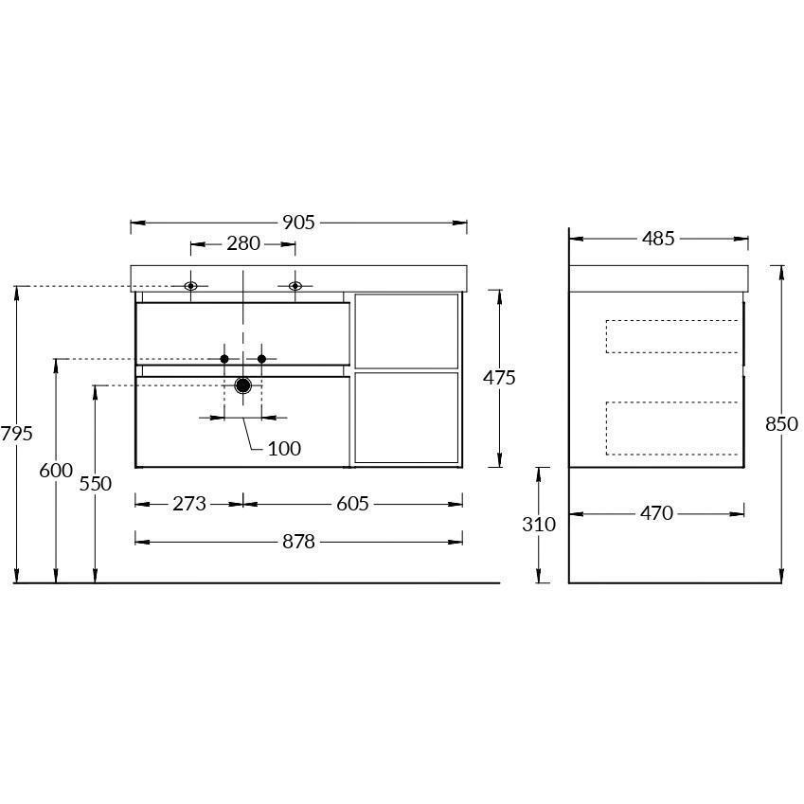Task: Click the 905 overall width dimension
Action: tap(298, 223)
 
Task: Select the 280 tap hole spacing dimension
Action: tap(243, 243)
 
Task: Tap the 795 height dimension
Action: tap(16, 434)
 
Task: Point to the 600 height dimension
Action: tap(56, 471)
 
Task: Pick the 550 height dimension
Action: tap(96, 484)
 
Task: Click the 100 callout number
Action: tap(284, 449)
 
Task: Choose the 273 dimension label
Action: tap(189, 504)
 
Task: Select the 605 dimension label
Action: tap(353, 504)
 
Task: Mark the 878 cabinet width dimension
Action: tap(298, 542)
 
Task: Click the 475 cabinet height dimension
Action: tap(499, 378)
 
